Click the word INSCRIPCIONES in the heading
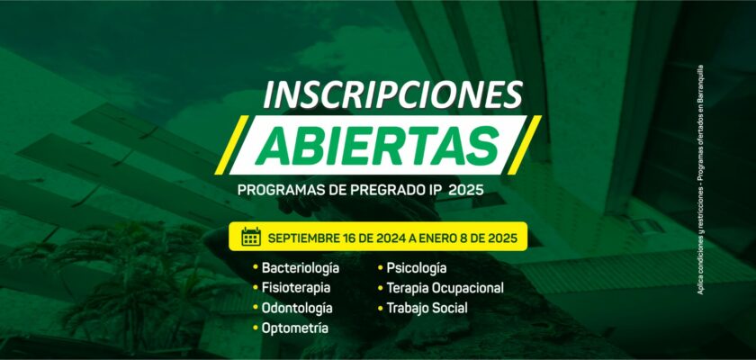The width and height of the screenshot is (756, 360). [393, 94]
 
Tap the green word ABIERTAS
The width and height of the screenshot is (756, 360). [376, 146]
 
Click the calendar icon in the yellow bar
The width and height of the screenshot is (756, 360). [251, 237]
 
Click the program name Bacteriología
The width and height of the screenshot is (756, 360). [301, 268]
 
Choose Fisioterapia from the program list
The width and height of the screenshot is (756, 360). [296, 288]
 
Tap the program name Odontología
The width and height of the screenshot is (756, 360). [297, 309]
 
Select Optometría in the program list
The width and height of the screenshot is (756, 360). [295, 328]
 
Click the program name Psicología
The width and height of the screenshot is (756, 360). [417, 268]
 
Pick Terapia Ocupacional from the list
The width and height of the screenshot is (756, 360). [445, 288]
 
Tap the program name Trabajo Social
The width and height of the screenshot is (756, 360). [427, 309]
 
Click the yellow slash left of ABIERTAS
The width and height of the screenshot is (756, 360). [231, 145]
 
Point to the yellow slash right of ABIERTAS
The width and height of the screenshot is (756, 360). [524, 145]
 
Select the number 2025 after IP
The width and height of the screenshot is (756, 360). [466, 190]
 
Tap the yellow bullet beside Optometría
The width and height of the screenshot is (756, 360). [255, 328]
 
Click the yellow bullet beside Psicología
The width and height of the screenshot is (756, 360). [380, 267]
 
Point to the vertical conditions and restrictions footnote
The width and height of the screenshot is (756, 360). [700, 180]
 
